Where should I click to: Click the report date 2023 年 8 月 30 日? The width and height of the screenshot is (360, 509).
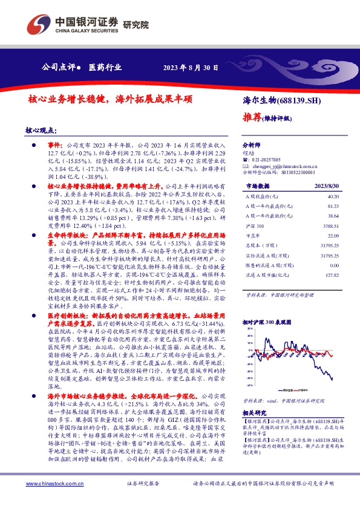point(191,67)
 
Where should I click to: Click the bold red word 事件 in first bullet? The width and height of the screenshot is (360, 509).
point(55,146)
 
